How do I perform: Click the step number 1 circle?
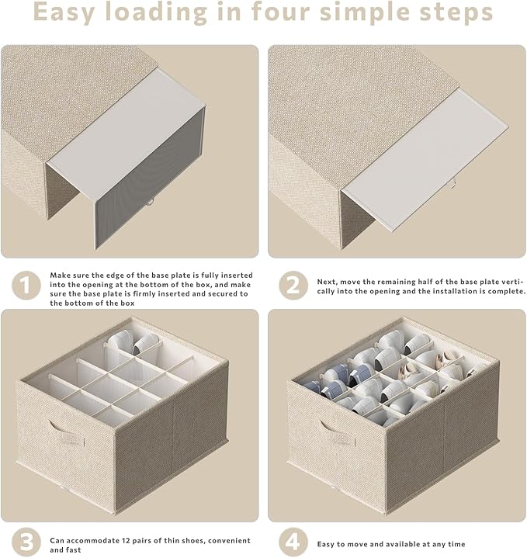click(26, 286)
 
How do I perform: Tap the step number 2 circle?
click(293, 286)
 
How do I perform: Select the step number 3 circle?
click(26, 542)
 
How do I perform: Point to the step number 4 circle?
click(293, 542)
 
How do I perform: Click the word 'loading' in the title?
click(156, 12)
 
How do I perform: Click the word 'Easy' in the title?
click(64, 12)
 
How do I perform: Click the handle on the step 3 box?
click(67, 432)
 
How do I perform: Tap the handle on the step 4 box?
click(338, 432)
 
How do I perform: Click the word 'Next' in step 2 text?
click(327, 282)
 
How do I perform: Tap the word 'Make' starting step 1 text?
click(58, 275)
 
